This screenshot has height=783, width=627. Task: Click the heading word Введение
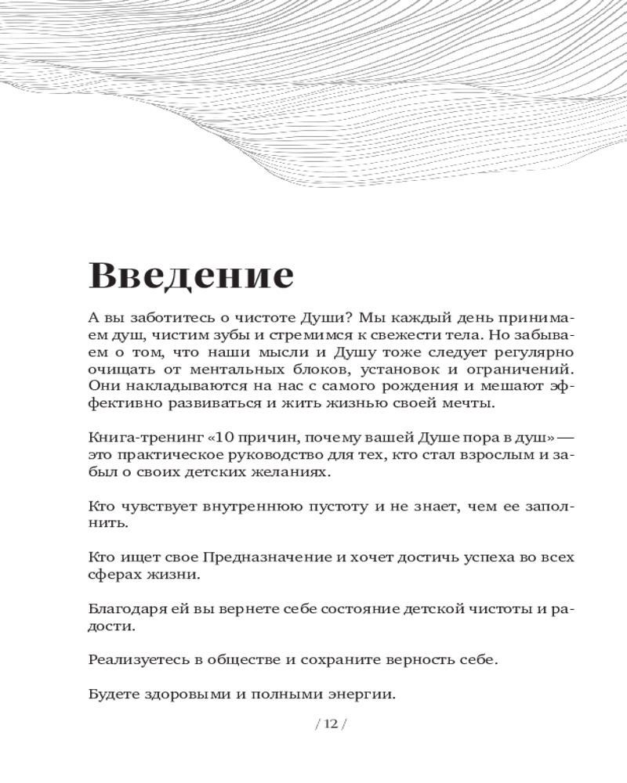(x=191, y=276)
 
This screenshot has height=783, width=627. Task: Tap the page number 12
(x=330, y=724)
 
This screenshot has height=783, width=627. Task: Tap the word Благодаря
(x=125, y=608)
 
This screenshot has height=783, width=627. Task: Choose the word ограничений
(x=521, y=369)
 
